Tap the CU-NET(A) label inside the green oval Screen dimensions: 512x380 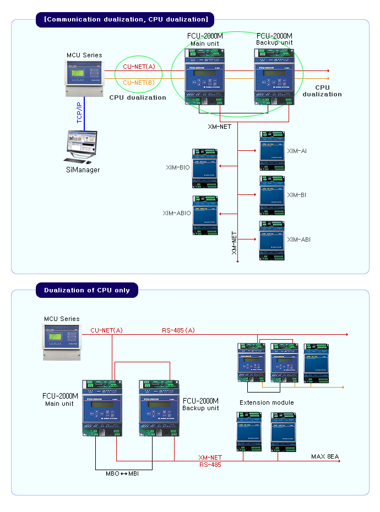click(x=139, y=67)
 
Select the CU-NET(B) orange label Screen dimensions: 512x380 click(x=139, y=83)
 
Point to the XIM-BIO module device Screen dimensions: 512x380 click(x=204, y=167)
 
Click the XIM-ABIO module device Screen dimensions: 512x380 click(x=204, y=215)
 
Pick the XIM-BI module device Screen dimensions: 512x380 click(x=272, y=195)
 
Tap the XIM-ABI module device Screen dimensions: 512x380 click(x=272, y=240)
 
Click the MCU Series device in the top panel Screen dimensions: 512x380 click(x=84, y=77)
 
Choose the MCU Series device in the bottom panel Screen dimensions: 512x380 click(x=62, y=342)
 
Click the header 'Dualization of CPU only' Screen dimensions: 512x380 click(x=87, y=290)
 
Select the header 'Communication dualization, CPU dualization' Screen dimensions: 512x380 click(x=126, y=20)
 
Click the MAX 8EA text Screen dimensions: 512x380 click(x=326, y=456)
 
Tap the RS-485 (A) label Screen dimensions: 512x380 click(x=178, y=330)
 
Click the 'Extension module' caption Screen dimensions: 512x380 click(x=267, y=402)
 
